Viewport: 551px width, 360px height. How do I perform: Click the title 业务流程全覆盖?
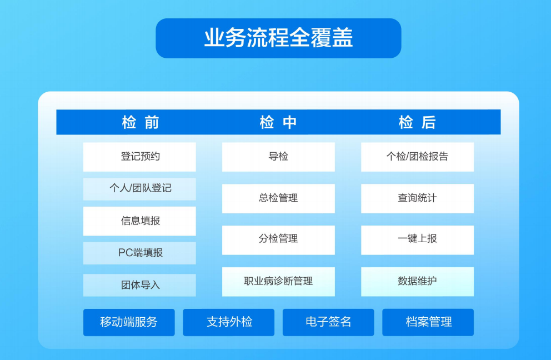pyautogui.click(x=278, y=38)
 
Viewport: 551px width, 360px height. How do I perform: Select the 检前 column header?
pyautogui.click(x=140, y=122)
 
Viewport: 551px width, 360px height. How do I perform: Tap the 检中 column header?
pyautogui.click(x=278, y=122)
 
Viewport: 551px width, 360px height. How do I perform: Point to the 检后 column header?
pyautogui.click(x=417, y=122)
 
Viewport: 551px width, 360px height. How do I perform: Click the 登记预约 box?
pyautogui.click(x=139, y=157)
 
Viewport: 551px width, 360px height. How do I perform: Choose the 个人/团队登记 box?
pyautogui.click(x=139, y=189)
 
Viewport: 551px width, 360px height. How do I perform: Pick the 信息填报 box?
pyautogui.click(x=139, y=221)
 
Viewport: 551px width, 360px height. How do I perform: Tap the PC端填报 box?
pyautogui.click(x=139, y=253)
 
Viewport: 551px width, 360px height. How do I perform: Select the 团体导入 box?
pyautogui.click(x=139, y=285)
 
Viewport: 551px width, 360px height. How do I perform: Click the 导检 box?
pyautogui.click(x=278, y=157)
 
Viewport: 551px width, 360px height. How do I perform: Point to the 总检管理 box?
pyautogui.click(x=278, y=198)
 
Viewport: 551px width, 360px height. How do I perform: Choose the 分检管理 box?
pyautogui.click(x=278, y=240)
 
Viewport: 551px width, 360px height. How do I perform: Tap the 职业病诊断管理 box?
pyautogui.click(x=278, y=281)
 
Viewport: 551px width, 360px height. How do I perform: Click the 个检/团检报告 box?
pyautogui.click(x=418, y=157)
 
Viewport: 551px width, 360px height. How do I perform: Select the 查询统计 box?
pyautogui.click(x=418, y=198)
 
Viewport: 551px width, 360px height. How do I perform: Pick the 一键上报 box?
pyautogui.click(x=418, y=240)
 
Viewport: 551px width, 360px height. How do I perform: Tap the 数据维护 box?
pyautogui.click(x=418, y=281)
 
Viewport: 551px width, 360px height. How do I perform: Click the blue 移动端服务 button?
pyautogui.click(x=129, y=322)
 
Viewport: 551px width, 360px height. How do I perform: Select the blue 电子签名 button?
pyautogui.click(x=328, y=322)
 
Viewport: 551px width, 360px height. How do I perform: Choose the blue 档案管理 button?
pyautogui.click(x=428, y=322)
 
